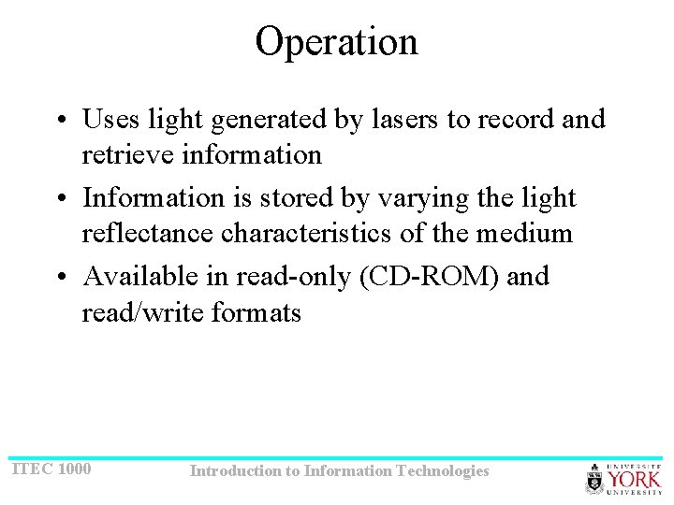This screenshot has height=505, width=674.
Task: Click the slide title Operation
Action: coord(336,42)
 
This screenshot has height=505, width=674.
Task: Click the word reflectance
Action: coord(148,233)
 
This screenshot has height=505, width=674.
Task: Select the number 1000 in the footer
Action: coord(74,468)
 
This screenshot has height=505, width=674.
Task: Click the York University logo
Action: coord(623,478)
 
